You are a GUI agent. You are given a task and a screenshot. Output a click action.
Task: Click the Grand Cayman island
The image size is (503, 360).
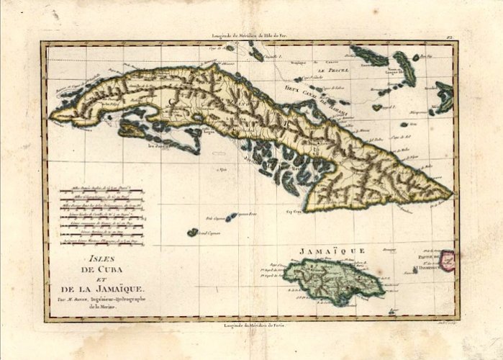pyautogui.click(x=193, y=232)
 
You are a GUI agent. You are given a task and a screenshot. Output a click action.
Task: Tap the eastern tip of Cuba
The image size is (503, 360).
pyautogui.click(x=450, y=193)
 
